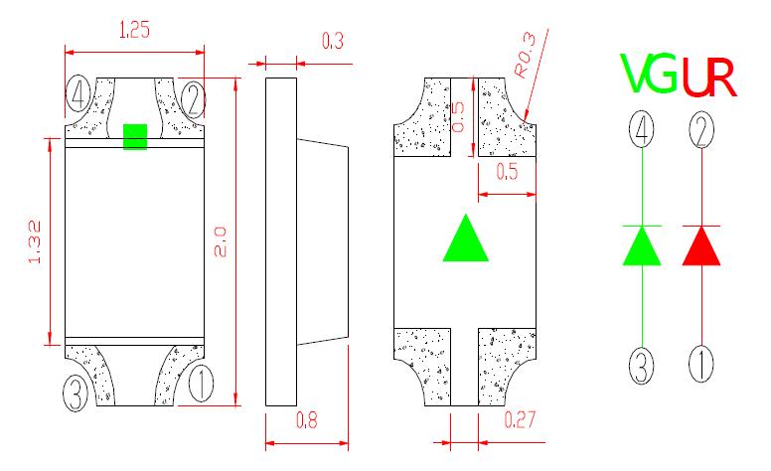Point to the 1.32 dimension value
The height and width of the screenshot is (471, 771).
coord(34,243)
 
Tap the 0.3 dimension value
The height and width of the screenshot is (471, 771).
coord(332,42)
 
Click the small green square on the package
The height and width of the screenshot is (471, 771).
coord(135,136)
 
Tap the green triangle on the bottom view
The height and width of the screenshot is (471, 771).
coord(466,239)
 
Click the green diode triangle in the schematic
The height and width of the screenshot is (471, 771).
coord(641,245)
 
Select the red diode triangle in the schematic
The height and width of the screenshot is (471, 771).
coord(702,245)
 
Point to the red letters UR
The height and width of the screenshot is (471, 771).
coord(709,78)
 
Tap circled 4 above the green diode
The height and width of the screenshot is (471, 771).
coord(641,129)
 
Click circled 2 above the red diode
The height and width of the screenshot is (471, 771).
coord(702,129)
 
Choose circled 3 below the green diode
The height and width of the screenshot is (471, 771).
coord(641,367)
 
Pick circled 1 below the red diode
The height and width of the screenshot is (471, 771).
coord(702,367)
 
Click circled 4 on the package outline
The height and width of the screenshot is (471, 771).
coord(80,95)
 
